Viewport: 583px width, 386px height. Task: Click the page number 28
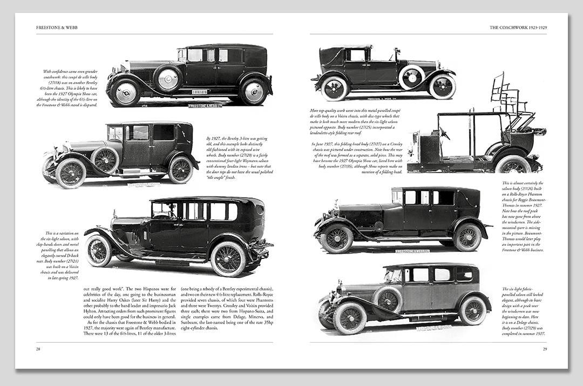click(x=38, y=349)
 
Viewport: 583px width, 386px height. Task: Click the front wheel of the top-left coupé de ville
click(x=125, y=92)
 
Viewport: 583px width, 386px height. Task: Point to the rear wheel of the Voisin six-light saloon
click(x=227, y=258)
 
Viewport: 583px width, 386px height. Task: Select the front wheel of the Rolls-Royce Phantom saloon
click(x=336, y=238)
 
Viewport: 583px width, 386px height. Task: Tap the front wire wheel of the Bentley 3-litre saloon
click(x=70, y=173)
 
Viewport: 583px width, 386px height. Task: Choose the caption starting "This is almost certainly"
click(x=523, y=216)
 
